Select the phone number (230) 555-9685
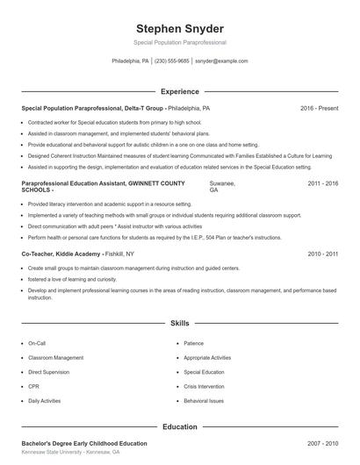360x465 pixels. pyautogui.click(x=172, y=61)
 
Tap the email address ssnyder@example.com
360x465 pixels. pyautogui.click(x=221, y=61)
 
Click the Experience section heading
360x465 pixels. pyautogui.click(x=179, y=90)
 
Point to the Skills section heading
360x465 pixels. pyautogui.click(x=179, y=323)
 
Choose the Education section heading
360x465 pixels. pyautogui.click(x=179, y=426)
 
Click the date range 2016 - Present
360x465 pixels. pyautogui.click(x=319, y=108)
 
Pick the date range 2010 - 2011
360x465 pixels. pyautogui.click(x=322, y=253)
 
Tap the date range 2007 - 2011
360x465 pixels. pyautogui.click(x=322, y=444)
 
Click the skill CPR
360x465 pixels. pyautogui.click(x=33, y=386)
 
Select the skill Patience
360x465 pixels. pyautogui.click(x=195, y=344)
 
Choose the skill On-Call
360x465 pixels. pyautogui.click(x=37, y=344)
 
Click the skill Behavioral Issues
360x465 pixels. pyautogui.click(x=205, y=400)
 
